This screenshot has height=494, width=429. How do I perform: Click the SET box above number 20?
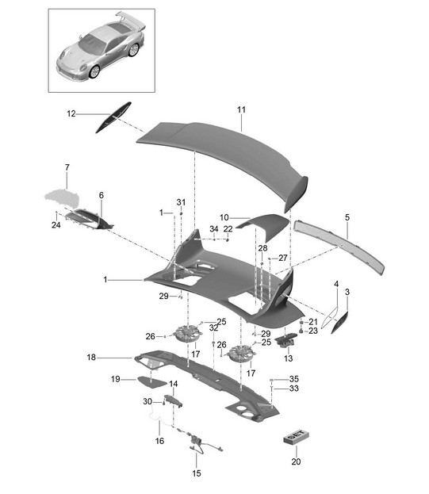[296, 437]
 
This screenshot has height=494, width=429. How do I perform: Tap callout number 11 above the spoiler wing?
[241, 109]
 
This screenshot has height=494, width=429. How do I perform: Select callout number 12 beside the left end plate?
[71, 113]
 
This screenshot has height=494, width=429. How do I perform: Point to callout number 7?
[67, 167]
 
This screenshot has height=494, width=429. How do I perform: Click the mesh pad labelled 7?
[62, 197]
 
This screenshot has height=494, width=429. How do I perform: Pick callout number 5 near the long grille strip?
[347, 217]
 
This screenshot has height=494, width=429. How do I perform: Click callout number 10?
[224, 217]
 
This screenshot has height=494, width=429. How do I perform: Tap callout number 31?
[181, 202]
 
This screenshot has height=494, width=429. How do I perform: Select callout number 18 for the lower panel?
[91, 358]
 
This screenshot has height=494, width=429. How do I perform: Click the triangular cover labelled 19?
[151, 381]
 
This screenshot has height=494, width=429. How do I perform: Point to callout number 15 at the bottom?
[197, 473]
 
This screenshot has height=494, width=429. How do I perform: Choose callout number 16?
[159, 440]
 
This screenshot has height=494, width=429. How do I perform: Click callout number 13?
[288, 358]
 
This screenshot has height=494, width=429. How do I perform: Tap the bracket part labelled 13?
[285, 341]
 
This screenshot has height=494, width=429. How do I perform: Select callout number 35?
[294, 379]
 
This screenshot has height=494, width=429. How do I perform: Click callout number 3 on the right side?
[347, 292]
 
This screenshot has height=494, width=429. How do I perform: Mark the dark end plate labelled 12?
[113, 117]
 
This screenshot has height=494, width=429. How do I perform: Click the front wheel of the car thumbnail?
[94, 71]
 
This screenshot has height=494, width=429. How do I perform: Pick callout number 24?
[56, 225]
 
